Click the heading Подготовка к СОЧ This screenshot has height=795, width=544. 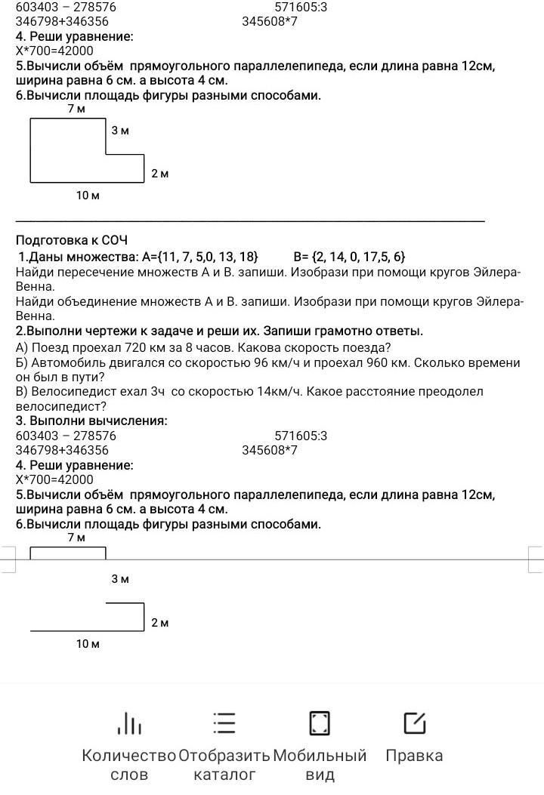[x=72, y=240]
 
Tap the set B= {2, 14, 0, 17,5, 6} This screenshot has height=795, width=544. [x=349, y=257]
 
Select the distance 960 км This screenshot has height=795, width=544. [x=388, y=362]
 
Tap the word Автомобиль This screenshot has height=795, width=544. [x=64, y=362]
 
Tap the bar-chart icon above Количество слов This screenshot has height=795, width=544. [x=129, y=723]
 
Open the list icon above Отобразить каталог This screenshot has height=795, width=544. [x=224, y=723]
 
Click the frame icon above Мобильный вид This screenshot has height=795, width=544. [x=320, y=723]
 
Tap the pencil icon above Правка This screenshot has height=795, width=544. [x=414, y=723]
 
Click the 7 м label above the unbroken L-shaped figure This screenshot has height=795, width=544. [x=76, y=109]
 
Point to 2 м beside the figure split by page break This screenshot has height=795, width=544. [x=159, y=623]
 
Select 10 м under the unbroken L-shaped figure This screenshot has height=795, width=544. [x=88, y=196]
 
